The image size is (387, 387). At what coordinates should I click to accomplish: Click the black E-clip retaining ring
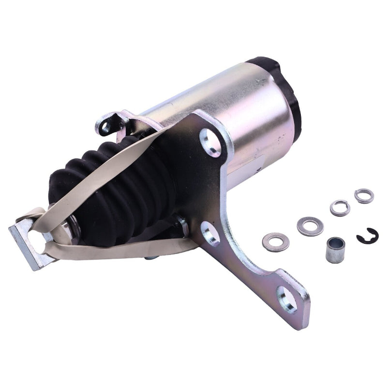368,236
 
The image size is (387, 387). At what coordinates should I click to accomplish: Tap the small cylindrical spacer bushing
335,250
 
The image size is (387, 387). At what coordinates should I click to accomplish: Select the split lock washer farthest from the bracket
364,196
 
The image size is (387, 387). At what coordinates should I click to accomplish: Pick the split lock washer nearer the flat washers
340,208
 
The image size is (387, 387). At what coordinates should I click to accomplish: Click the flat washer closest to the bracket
276,242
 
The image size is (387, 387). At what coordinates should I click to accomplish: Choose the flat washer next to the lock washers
310,226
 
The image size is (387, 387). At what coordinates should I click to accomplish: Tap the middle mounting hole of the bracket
210,233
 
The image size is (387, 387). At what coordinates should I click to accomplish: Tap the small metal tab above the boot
109,124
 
